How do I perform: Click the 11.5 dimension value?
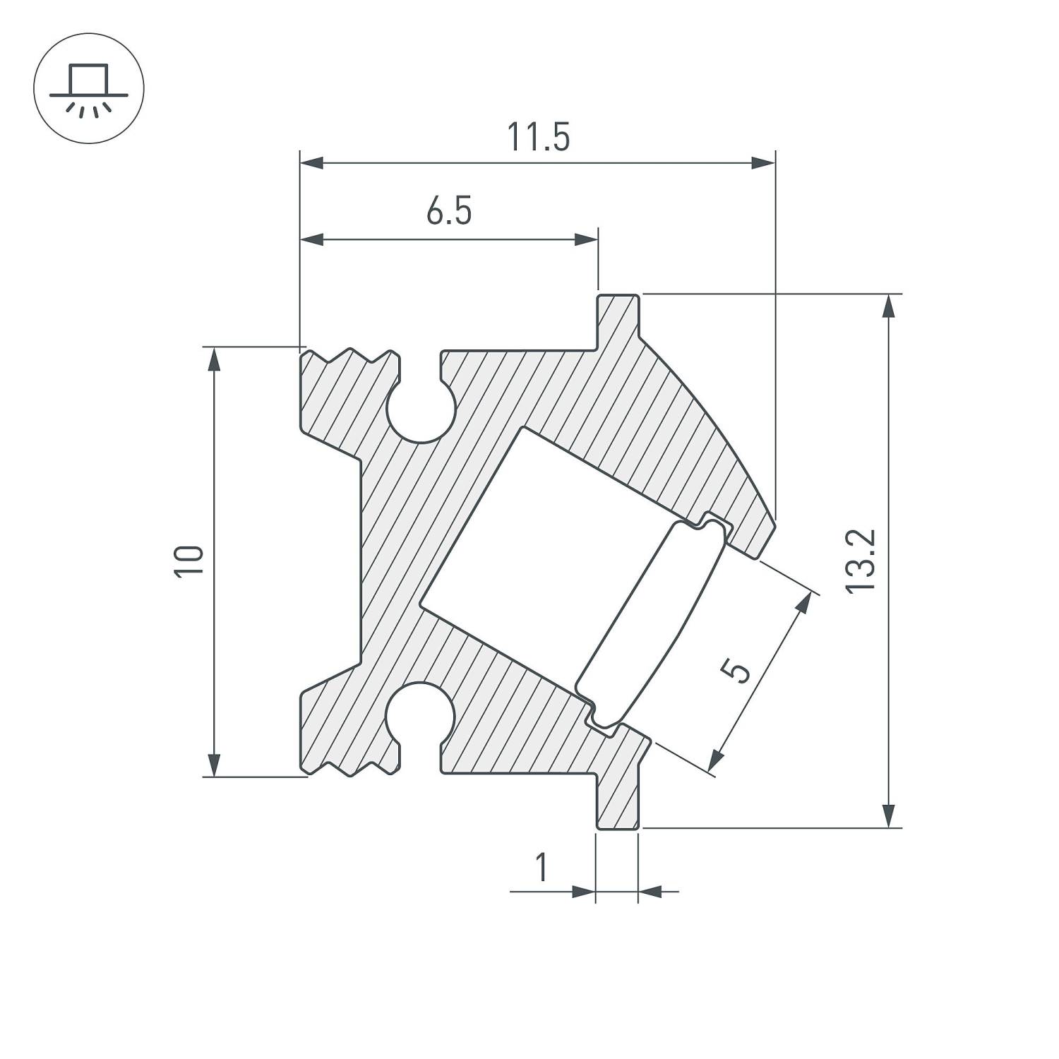coord(538,138)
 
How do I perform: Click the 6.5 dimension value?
coord(449,212)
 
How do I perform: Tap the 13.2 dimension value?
coord(862,561)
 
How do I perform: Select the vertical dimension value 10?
coord(191,562)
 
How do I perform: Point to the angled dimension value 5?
coord(738,670)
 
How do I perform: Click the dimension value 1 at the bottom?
coord(542,868)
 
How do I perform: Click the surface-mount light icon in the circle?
coord(89,88)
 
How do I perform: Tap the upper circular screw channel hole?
coord(421,411)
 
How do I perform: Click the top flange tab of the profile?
coord(619,318)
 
